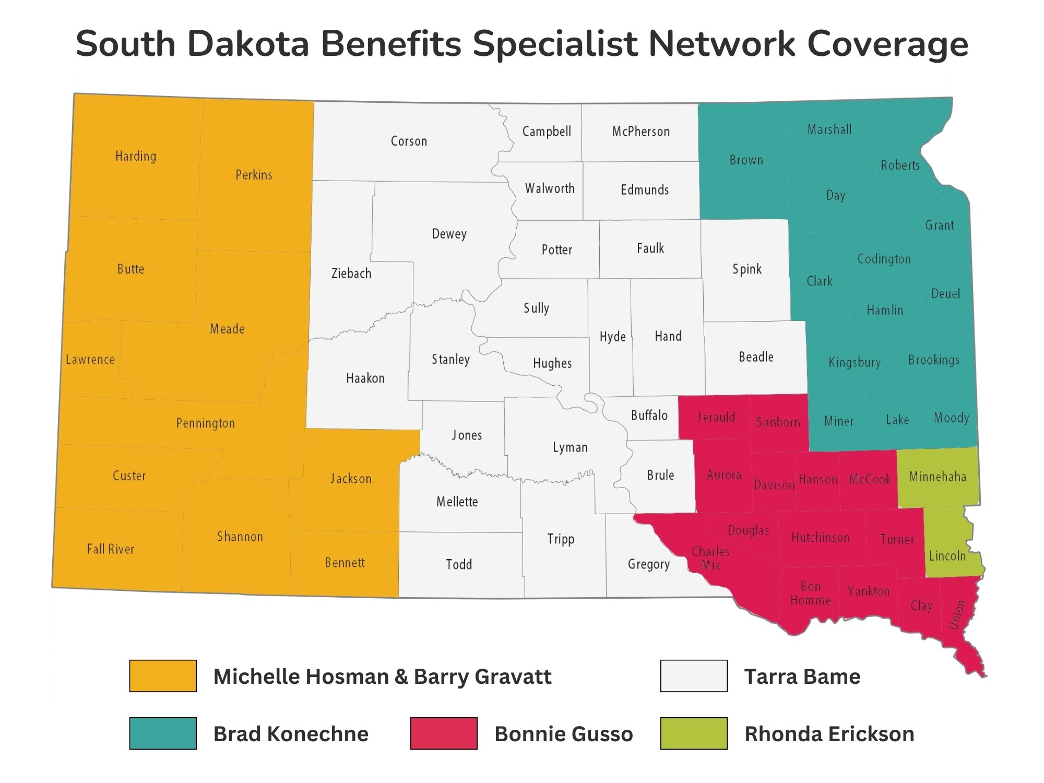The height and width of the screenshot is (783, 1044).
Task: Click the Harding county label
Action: click(136, 156)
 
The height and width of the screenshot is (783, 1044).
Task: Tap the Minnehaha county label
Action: click(938, 477)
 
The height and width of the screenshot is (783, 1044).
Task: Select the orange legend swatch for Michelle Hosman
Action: click(163, 676)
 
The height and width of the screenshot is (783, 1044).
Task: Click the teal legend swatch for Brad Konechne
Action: click(163, 733)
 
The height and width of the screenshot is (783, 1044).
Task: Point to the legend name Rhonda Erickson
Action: click(829, 734)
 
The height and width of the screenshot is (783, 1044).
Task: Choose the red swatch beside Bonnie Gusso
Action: click(444, 733)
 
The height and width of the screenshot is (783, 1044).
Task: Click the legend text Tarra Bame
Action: click(802, 677)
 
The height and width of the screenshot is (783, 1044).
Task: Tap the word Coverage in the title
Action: click(887, 44)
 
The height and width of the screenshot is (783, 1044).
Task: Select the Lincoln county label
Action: click(947, 556)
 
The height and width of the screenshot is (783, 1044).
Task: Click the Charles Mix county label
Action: click(710, 558)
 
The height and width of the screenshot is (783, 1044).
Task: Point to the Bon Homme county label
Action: click(810, 594)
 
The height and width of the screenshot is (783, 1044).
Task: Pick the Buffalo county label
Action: click(649, 416)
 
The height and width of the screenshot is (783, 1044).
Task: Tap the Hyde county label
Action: click(612, 337)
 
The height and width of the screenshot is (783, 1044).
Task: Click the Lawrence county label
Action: click(90, 360)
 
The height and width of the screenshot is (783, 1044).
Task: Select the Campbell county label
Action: click(547, 132)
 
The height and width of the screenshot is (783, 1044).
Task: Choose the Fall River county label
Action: click(110, 549)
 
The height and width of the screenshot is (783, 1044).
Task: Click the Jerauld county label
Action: click(716, 417)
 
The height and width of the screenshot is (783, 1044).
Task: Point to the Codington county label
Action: click(884, 259)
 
